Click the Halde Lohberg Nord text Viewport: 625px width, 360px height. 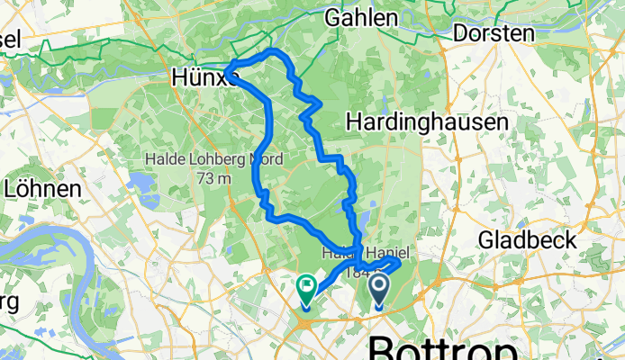click(x=213, y=160)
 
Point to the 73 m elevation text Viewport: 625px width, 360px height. click(x=213, y=177)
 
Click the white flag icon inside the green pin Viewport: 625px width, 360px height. click(x=305, y=287)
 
